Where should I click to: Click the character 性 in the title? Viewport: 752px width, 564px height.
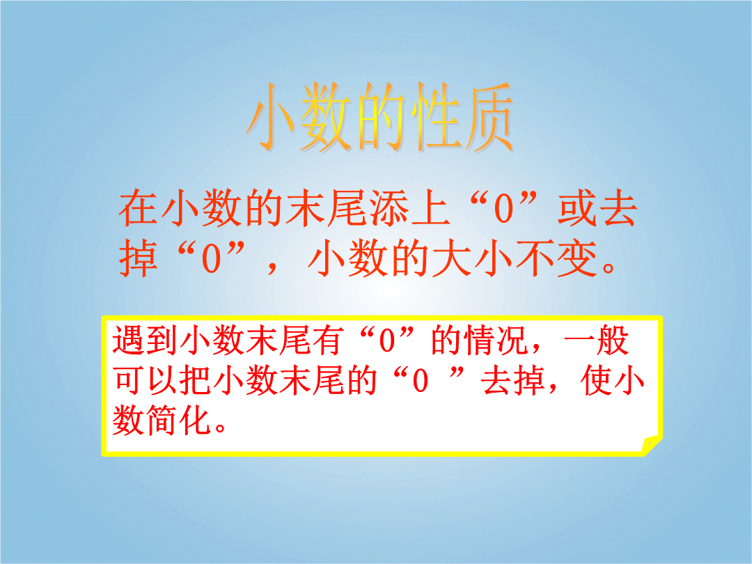coord(432,116)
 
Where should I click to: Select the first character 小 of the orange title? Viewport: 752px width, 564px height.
coord(274,116)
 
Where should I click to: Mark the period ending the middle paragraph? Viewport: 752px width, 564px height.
coord(608,267)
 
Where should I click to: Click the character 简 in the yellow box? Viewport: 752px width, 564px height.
coord(162,420)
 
